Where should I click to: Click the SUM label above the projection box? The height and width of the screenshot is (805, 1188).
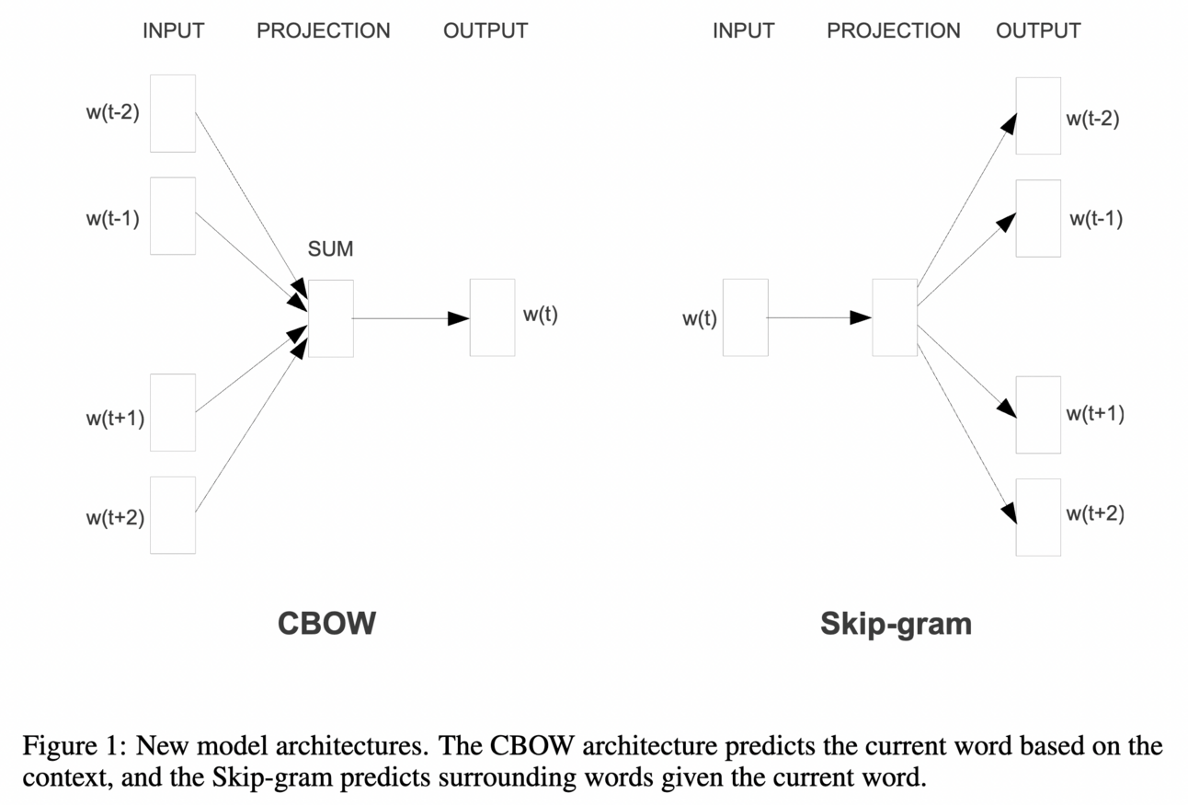click(330, 249)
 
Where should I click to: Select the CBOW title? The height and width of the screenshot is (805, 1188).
click(326, 623)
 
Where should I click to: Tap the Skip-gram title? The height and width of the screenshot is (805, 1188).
click(896, 624)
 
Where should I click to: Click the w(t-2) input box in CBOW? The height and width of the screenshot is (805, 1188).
click(173, 113)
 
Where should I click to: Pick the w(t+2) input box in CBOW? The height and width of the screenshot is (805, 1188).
click(173, 515)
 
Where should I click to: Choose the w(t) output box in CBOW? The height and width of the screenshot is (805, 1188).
click(492, 317)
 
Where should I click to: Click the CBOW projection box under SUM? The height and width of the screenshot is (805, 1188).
click(331, 318)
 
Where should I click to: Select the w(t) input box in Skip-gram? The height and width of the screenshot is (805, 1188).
click(745, 317)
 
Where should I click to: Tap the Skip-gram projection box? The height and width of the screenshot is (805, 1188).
click(895, 317)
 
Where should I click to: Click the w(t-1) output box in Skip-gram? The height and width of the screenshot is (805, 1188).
click(1038, 219)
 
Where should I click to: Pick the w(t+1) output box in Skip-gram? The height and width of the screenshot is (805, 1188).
click(1038, 415)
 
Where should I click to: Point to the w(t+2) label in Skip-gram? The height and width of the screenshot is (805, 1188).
click(1095, 513)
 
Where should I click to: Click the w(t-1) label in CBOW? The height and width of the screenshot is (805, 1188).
click(113, 219)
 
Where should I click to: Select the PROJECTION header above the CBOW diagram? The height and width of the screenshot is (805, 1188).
click(324, 30)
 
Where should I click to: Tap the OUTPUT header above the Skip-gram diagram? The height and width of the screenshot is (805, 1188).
click(1038, 30)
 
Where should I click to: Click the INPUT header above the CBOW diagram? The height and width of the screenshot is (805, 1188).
click(174, 30)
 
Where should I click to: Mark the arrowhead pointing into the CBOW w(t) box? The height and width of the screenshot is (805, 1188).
click(458, 318)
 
